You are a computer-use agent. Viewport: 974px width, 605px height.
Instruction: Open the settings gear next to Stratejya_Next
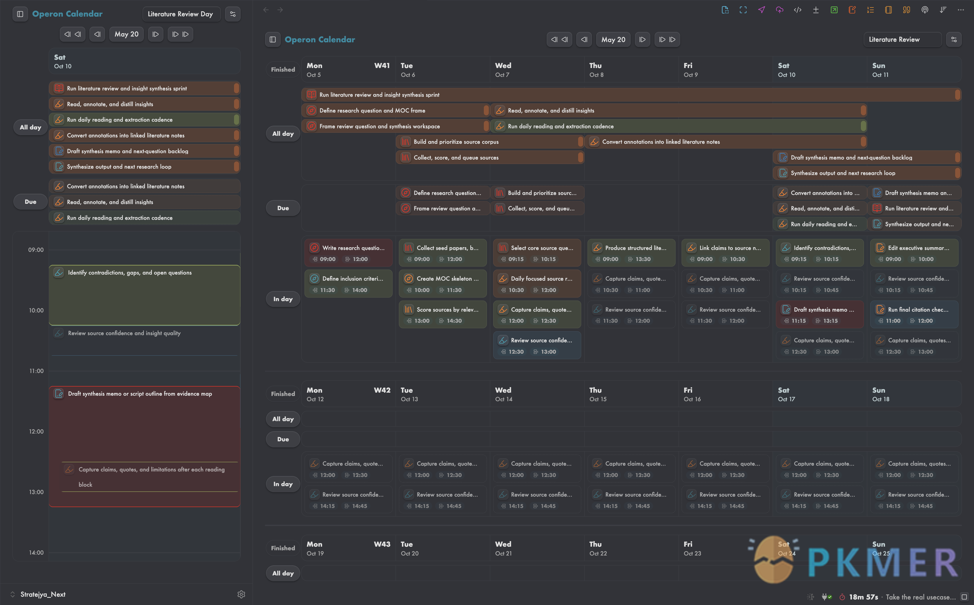tap(241, 594)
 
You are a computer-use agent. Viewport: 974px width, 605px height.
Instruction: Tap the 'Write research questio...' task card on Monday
tap(348, 253)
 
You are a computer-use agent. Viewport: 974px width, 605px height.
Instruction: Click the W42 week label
tap(382, 390)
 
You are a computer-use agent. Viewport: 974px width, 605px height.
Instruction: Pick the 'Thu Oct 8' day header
tap(596, 70)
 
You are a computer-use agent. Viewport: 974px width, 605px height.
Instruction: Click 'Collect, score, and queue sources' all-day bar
tap(490, 158)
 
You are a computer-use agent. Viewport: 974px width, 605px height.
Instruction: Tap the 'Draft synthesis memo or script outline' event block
tap(144, 447)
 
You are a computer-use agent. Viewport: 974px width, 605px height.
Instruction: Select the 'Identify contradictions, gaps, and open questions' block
tap(144, 295)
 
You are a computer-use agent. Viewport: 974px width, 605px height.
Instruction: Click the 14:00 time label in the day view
tap(37, 552)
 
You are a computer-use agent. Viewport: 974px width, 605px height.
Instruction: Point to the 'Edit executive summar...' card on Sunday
tap(914, 253)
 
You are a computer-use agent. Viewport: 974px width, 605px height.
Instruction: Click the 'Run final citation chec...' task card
tap(914, 314)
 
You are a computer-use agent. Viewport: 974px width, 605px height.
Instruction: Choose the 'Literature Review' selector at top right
tap(902, 40)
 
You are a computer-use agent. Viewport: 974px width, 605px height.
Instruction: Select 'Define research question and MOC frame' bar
tap(396, 110)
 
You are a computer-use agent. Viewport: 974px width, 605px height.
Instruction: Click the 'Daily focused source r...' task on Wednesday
tap(537, 284)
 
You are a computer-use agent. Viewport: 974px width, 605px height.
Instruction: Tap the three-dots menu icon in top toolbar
tap(961, 10)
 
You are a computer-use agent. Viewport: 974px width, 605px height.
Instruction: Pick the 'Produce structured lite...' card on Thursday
tap(631, 253)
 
